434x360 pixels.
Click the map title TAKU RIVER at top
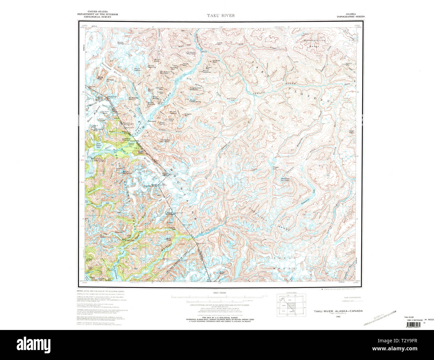pyautogui.click(x=221, y=15)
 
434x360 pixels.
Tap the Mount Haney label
pyautogui.click(x=120, y=43)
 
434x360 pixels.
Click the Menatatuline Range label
pyautogui.click(x=314, y=43)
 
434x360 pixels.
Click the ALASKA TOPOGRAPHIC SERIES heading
pyautogui.click(x=350, y=15)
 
